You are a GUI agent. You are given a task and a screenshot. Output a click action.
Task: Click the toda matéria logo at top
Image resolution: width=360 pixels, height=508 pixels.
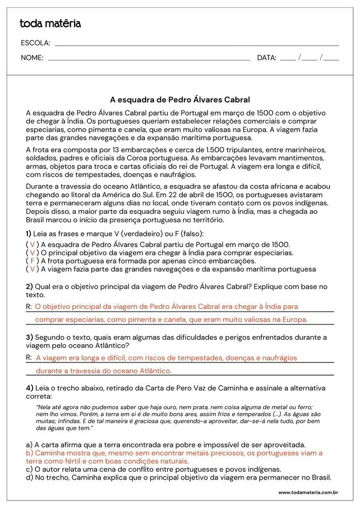point(50,23)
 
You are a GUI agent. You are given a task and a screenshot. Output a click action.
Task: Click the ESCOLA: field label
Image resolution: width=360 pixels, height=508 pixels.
point(35,43)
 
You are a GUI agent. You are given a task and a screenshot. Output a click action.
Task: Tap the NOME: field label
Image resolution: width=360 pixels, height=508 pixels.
point(32,58)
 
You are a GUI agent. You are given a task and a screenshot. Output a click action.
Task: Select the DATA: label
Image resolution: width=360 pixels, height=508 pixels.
point(266,58)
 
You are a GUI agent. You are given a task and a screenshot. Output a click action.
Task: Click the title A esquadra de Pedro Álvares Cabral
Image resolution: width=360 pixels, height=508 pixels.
point(180,99)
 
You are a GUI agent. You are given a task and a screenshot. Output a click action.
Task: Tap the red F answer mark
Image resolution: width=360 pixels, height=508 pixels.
point(32,261)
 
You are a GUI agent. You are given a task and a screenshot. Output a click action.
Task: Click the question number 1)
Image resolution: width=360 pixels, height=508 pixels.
point(28,233)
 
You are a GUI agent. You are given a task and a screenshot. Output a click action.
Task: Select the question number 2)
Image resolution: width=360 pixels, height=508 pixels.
point(29,286)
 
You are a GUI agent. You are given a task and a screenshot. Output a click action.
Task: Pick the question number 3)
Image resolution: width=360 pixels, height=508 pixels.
point(29,337)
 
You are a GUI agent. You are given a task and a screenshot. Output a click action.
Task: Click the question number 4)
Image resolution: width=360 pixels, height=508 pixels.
point(29,388)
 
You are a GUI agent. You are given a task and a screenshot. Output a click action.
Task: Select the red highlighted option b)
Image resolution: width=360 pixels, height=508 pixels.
point(173,457)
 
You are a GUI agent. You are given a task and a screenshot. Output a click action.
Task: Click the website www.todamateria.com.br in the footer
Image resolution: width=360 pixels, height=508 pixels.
point(307,492)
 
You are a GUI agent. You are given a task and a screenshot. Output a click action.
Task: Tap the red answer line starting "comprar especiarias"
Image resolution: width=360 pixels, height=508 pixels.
point(171,319)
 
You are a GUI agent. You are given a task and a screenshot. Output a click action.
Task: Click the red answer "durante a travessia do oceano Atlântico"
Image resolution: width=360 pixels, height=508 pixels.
point(103,370)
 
